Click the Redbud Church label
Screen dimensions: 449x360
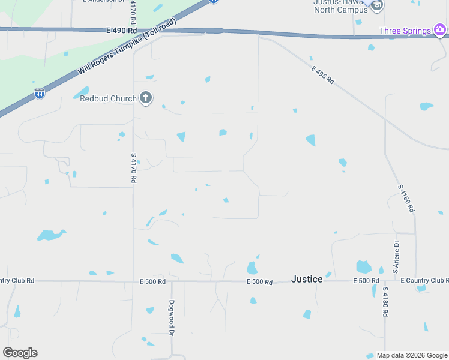click(107, 98)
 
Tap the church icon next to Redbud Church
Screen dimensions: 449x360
click(145, 97)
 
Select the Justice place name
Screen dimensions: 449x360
click(307, 279)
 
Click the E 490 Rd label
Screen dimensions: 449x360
click(121, 30)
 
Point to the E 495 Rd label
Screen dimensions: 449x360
click(322, 75)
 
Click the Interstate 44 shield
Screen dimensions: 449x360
click(39, 94)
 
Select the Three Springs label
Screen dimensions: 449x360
click(405, 31)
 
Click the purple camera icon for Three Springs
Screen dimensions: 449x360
click(441, 29)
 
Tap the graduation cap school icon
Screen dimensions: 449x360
click(376, 5)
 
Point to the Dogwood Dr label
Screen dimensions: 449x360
click(172, 317)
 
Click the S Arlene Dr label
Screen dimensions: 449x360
click(396, 257)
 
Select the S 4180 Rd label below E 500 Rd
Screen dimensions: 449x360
click(385, 302)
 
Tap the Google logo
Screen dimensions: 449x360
click(20, 353)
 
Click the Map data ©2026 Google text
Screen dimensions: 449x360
click(412, 355)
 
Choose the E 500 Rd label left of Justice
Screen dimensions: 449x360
click(259, 282)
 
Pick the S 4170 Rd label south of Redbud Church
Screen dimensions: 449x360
click(133, 167)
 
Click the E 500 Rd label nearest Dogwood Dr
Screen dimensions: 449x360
click(152, 281)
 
